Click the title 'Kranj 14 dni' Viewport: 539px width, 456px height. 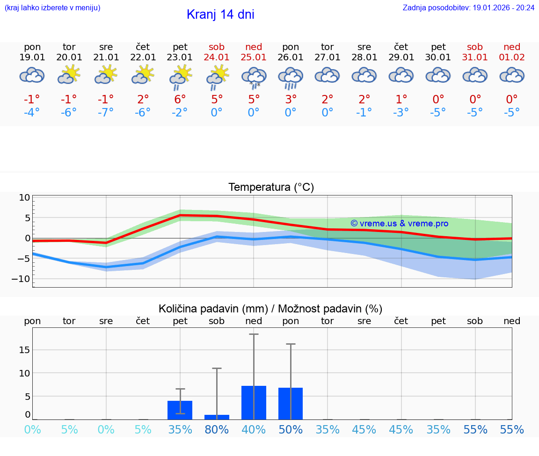click(220, 14)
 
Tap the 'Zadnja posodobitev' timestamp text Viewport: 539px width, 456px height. click(468, 8)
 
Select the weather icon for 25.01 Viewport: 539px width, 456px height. click(254, 78)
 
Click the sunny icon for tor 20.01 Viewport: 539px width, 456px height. click(69, 74)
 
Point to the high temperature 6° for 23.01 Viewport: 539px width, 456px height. click(180, 99)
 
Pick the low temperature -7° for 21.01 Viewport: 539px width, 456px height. click(106, 112)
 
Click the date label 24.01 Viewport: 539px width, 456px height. click(217, 57)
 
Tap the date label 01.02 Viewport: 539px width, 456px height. click(512, 57)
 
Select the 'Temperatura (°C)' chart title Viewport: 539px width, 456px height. click(271, 188)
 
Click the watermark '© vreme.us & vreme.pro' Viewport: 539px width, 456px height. click(399, 224)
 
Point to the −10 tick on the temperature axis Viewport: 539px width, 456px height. click(22, 279)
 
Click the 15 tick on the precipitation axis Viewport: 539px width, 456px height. click(24, 350)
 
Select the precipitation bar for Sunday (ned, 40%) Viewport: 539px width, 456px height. click(254, 403)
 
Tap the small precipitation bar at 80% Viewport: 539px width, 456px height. click(217, 417)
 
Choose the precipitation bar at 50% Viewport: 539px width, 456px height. click(291, 404)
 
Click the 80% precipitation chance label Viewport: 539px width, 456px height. click(217, 430)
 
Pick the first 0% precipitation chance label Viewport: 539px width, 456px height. click(32, 430)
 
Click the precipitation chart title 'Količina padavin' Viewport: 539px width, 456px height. click(270, 309)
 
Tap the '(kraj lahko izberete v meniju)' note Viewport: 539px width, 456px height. click(52, 8)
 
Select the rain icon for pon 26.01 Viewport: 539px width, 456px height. click(291, 78)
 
